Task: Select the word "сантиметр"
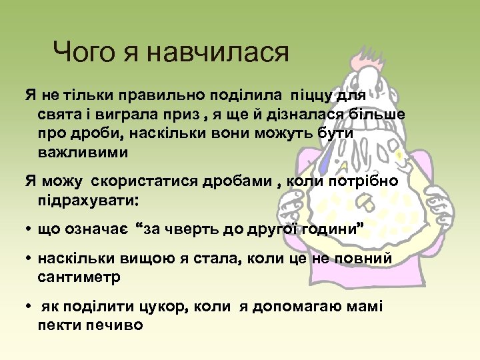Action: tap(79, 277)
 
